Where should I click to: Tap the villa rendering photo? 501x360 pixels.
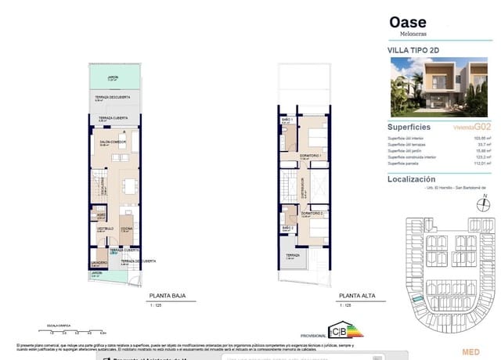(440, 88)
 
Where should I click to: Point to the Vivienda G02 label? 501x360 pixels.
(473, 126)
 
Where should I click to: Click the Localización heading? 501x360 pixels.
(415, 179)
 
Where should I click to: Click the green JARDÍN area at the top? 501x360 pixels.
(113, 79)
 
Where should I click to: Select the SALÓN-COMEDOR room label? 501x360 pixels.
(109, 142)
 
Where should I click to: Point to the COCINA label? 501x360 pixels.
(126, 229)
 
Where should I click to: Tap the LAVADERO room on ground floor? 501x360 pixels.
(99, 262)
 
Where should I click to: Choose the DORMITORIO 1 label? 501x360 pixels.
(311, 155)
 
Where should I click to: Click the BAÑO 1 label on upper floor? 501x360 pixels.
(287, 120)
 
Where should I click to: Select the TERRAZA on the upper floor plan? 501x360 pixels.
(292, 256)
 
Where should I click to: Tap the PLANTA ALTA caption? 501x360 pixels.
(353, 296)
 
